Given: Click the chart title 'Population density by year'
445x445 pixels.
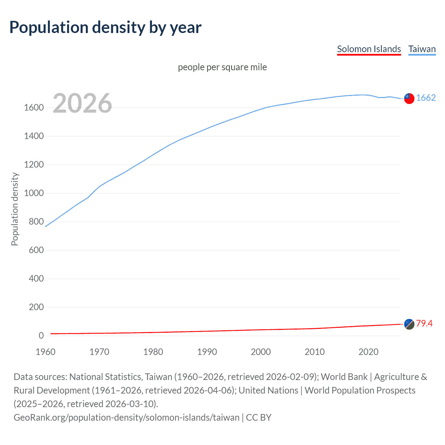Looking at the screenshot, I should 105,27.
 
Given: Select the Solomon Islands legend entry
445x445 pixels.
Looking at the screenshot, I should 369,49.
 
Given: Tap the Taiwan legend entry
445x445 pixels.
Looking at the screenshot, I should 422,49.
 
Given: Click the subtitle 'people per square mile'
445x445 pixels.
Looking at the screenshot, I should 222,67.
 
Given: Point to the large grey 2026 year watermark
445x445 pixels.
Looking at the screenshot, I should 82,103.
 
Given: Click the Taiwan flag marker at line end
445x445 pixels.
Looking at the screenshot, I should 409,98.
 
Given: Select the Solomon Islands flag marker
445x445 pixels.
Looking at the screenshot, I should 409,324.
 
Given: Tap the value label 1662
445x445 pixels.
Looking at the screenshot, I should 426,98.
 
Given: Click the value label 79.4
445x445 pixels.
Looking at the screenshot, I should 424,324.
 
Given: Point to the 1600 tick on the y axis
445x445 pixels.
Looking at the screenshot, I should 34,108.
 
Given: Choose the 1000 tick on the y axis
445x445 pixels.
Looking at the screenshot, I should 34,193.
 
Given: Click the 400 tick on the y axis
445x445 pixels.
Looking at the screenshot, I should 36,279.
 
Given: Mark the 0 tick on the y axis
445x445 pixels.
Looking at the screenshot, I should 41,336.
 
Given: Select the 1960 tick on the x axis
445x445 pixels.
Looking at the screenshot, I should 46,352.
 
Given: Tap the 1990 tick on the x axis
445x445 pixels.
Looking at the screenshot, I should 207,352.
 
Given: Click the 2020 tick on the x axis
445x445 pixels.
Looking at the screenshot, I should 368,352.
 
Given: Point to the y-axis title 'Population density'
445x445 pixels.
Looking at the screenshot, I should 15,209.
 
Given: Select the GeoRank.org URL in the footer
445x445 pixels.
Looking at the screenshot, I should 127,418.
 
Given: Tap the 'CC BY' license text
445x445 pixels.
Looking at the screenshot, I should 259,418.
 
